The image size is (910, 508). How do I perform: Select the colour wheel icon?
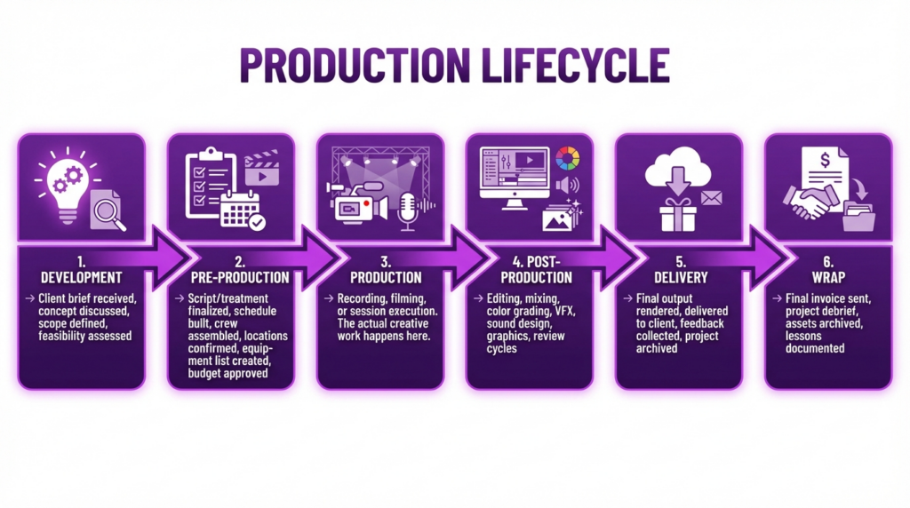(567, 161)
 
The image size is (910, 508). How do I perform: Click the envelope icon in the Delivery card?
(712, 197)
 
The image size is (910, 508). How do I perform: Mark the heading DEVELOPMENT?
(81, 277)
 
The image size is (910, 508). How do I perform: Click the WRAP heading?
(827, 277)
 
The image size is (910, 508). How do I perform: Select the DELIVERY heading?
(678, 277)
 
